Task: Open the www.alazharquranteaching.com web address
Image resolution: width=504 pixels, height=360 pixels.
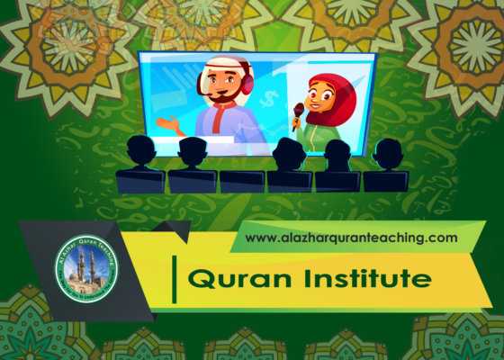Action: pyautogui.click(x=351, y=238)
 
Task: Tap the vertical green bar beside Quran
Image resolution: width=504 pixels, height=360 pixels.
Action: pyautogui.click(x=174, y=278)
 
